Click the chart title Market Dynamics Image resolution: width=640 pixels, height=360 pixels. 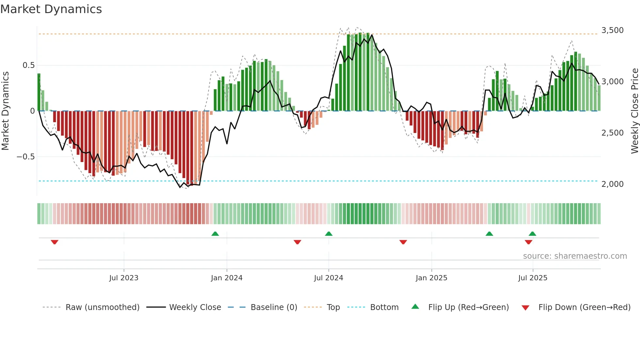(x=51, y=9)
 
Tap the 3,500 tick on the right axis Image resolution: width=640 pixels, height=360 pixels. (x=612, y=30)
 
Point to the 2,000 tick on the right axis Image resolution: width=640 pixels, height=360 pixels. (x=612, y=184)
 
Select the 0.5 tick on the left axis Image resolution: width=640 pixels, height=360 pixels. (x=28, y=65)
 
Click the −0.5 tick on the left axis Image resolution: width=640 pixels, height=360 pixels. (x=26, y=157)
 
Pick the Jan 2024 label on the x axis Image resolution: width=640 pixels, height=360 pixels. (x=227, y=278)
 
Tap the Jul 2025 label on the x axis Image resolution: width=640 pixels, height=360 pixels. (x=533, y=278)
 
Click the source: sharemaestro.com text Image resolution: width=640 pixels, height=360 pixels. (x=575, y=256)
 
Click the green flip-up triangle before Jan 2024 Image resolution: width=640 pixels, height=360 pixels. (x=215, y=234)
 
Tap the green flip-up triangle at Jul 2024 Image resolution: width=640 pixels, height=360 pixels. (x=329, y=234)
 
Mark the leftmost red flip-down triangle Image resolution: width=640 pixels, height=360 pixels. (x=55, y=242)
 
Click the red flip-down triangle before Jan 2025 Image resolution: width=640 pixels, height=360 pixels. (x=403, y=242)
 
